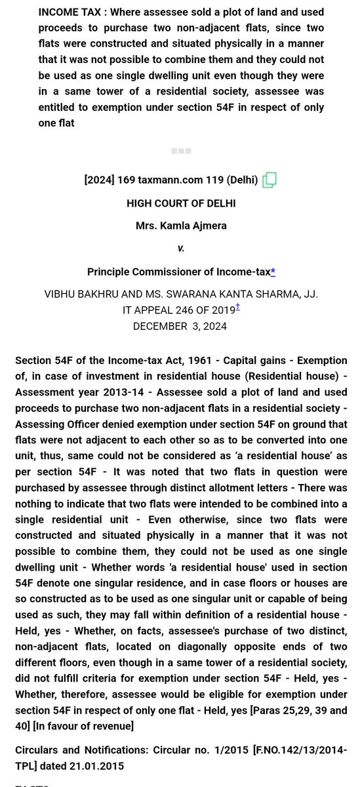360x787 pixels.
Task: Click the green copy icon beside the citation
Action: pyautogui.click(x=269, y=180)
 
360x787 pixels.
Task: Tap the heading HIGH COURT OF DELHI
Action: pyautogui.click(x=181, y=203)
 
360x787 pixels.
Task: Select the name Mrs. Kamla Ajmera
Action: pyautogui.click(x=181, y=226)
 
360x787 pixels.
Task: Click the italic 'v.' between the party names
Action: pyautogui.click(x=181, y=249)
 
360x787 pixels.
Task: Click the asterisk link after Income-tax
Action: pyautogui.click(x=273, y=272)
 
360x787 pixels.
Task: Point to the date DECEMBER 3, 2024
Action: pyautogui.click(x=180, y=326)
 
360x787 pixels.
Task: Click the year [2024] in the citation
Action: pyautogui.click(x=99, y=180)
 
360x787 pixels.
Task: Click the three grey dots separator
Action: pyautogui.click(x=181, y=151)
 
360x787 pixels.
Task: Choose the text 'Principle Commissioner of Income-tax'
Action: pyautogui.click(x=178, y=272)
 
